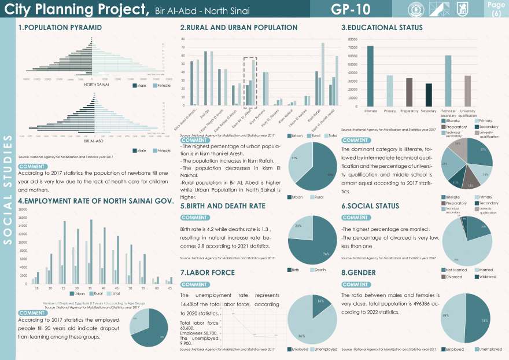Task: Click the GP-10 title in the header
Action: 351,9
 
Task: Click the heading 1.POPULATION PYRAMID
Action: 60,28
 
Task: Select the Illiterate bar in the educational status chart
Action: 370,76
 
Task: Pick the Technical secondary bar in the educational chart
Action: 448,80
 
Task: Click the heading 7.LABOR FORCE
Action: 207,273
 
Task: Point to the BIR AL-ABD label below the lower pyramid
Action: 94,141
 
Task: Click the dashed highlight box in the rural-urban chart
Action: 250,82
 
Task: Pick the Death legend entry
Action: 319,269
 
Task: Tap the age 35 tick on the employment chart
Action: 90,288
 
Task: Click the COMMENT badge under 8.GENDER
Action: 355,285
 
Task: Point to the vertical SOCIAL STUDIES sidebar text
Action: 8,192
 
